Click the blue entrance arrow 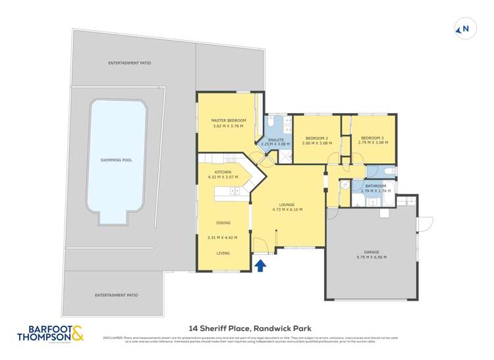[x=261, y=265]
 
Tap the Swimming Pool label [x=116, y=160]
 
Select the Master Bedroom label [x=228, y=120]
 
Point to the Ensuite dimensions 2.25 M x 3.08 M [x=275, y=143]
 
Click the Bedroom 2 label [x=316, y=138]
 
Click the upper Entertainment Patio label [x=130, y=63]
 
